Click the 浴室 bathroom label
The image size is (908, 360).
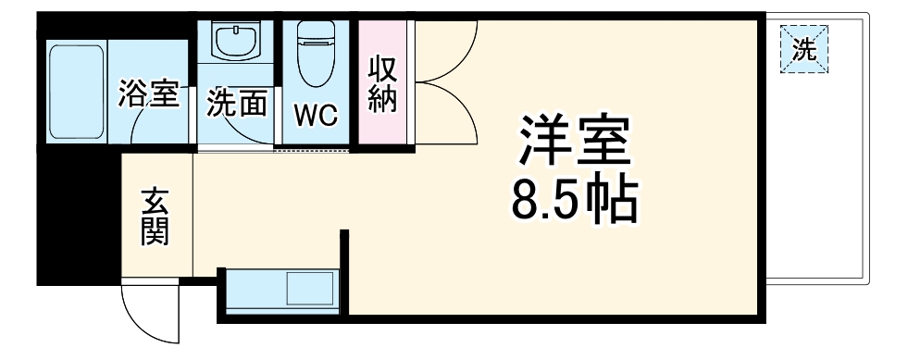coord(148,93)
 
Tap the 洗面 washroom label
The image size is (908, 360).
coord(236,103)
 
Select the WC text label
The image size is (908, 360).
coord(316,115)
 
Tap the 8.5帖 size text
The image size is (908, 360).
coord(574,199)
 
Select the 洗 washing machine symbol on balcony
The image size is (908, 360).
coord(804,49)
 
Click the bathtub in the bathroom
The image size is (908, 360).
coord(76,90)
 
